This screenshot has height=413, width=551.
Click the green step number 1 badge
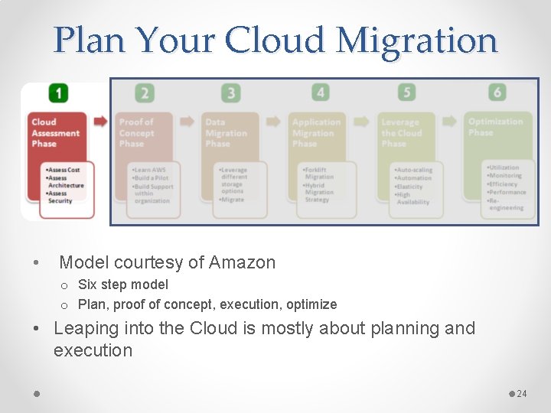(x=58, y=93)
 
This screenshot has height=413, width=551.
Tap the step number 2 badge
(x=144, y=93)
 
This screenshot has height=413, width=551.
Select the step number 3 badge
(x=230, y=93)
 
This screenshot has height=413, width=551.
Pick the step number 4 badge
(x=320, y=93)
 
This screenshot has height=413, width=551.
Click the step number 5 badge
(x=407, y=93)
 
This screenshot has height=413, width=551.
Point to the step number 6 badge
(x=497, y=93)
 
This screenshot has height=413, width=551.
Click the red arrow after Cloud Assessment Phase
(x=100, y=121)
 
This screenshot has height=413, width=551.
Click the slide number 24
(x=522, y=394)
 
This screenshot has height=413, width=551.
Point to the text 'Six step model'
(x=123, y=285)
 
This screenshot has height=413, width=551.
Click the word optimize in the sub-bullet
(x=311, y=304)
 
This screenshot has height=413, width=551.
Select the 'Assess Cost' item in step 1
(x=64, y=170)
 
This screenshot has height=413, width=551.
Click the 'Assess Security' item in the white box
(x=61, y=197)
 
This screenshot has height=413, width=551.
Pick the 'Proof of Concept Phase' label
(x=137, y=132)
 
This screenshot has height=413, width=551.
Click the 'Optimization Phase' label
(x=495, y=126)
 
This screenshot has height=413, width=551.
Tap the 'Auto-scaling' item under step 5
(x=414, y=170)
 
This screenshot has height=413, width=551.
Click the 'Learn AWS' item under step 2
(x=149, y=170)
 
